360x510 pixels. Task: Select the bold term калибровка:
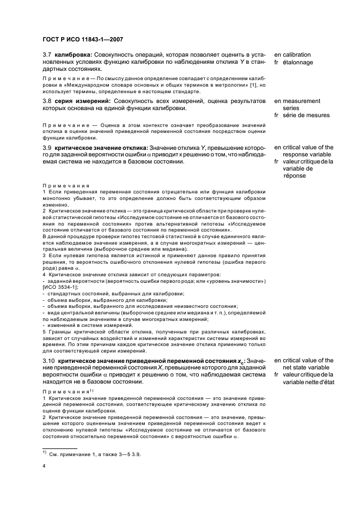[x=74, y=55]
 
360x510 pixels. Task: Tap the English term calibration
[x=296, y=55]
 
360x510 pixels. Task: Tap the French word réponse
[x=295, y=176]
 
